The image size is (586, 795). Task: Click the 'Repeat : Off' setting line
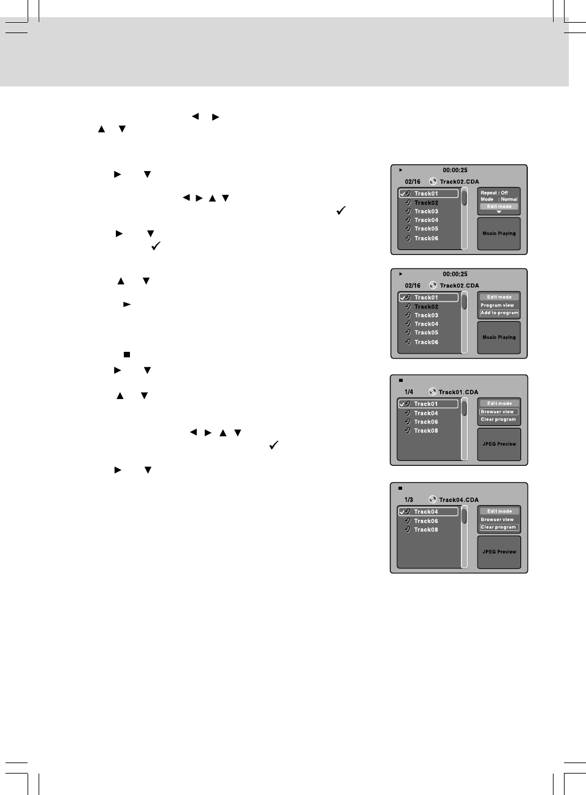pyautogui.click(x=494, y=192)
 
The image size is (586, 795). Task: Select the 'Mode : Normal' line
pyautogui.click(x=498, y=199)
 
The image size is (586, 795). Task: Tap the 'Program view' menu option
pyautogui.click(x=497, y=305)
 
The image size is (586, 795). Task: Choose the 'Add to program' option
pyautogui.click(x=499, y=313)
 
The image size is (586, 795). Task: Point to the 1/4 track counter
pyautogui.click(x=409, y=392)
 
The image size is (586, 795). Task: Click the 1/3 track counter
pyautogui.click(x=409, y=500)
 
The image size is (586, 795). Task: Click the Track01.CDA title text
pyautogui.click(x=458, y=392)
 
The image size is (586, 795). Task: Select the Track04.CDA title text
pyautogui.click(x=459, y=500)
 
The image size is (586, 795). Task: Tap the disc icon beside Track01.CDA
pyautogui.click(x=432, y=391)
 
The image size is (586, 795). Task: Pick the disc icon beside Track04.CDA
pyautogui.click(x=432, y=499)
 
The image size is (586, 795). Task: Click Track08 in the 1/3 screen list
pyautogui.click(x=425, y=530)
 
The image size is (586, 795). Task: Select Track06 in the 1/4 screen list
pyautogui.click(x=425, y=422)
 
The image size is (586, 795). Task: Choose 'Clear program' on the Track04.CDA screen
pyautogui.click(x=498, y=527)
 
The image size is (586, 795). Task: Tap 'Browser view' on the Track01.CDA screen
pyautogui.click(x=497, y=412)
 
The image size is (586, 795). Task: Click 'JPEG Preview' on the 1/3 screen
pyautogui.click(x=499, y=552)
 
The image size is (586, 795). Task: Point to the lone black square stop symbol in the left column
pyautogui.click(x=127, y=354)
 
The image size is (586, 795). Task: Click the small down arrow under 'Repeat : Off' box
pyautogui.click(x=499, y=212)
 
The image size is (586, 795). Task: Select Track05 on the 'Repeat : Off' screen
pyautogui.click(x=426, y=229)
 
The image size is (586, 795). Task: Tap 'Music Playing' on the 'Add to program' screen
pyautogui.click(x=499, y=337)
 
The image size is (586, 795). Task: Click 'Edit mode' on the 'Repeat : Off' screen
pyautogui.click(x=499, y=207)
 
